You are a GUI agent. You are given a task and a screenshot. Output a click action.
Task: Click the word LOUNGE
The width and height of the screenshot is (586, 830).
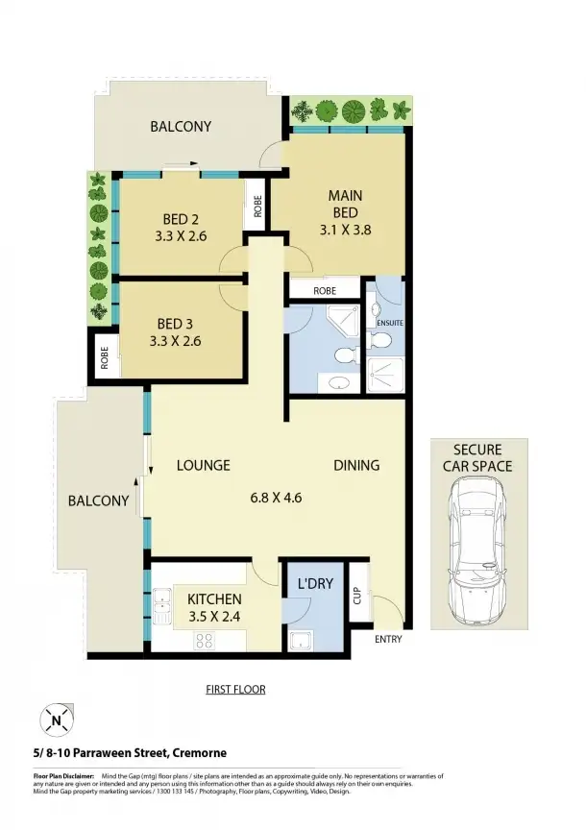click(204, 465)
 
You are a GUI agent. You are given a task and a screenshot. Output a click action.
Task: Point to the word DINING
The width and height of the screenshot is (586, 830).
click(356, 465)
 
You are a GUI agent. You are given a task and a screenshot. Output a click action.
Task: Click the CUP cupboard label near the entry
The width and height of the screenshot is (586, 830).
click(356, 597)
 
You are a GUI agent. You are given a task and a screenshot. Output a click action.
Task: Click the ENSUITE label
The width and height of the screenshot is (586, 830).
click(389, 323)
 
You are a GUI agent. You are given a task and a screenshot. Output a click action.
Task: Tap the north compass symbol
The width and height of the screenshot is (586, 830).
click(58, 718)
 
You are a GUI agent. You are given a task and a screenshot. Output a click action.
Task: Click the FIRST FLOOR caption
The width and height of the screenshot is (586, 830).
click(236, 690)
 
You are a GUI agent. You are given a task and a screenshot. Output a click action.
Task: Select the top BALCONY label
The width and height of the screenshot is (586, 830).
click(181, 126)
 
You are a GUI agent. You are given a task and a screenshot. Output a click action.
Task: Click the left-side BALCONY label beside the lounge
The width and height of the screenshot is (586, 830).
click(98, 500)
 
